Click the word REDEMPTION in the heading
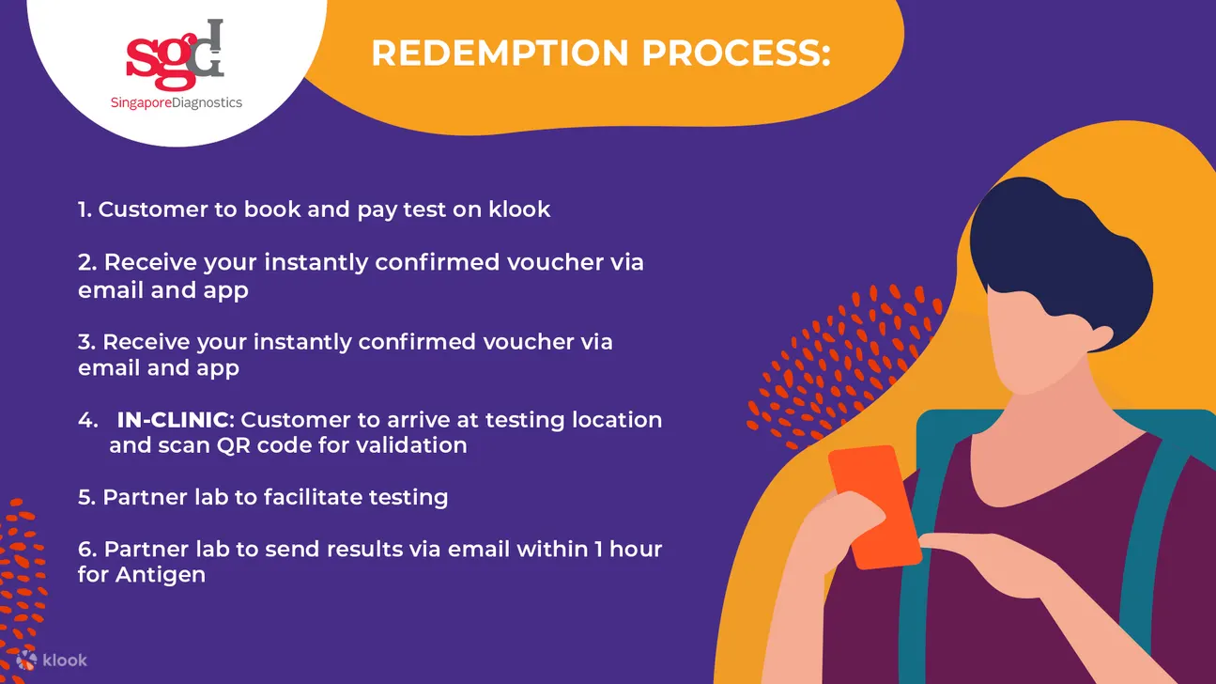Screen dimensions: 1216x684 [500, 54]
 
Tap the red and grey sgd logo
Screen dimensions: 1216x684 [175, 54]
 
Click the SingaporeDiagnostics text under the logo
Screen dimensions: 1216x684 [177, 102]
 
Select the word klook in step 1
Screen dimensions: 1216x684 [519, 210]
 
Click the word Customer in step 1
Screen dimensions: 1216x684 [153, 210]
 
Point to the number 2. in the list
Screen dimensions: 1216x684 [87, 262]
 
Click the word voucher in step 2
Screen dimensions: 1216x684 [555, 262]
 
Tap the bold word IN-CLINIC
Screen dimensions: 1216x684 [173, 419]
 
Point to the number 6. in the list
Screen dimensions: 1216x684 [87, 550]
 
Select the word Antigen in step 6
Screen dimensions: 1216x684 [161, 575]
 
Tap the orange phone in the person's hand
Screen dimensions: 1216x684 [873, 506]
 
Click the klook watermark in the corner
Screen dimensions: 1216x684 [52, 661]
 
